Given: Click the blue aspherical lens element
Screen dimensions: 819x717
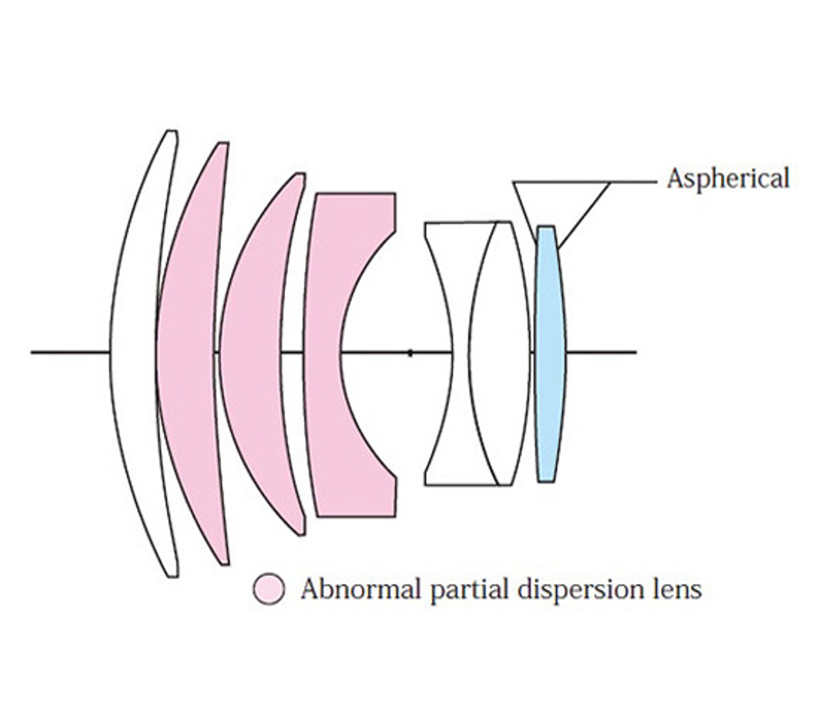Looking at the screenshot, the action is click(550, 354).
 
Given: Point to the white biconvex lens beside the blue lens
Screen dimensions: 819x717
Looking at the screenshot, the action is click(499, 354).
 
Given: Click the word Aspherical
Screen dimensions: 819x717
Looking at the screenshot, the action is click(728, 179).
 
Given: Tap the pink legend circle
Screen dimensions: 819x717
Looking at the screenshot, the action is click(269, 589).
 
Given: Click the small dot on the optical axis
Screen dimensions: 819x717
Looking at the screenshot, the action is click(410, 353).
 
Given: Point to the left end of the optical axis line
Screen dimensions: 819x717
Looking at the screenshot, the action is click(31, 352).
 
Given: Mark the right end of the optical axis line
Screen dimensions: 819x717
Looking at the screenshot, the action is click(636, 352).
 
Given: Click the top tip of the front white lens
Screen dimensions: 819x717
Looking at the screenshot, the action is click(172, 131).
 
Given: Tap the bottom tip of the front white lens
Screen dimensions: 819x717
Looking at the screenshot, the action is click(173, 576).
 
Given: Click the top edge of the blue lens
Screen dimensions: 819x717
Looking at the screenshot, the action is click(545, 227).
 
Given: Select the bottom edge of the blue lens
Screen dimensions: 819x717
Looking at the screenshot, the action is click(545, 481).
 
